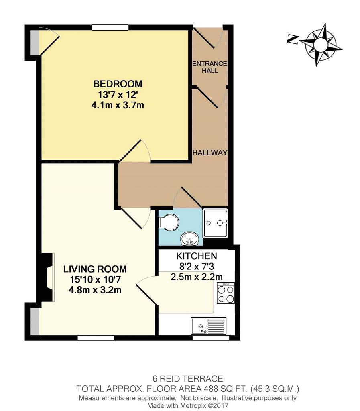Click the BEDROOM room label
coord(118,84)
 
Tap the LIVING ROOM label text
coord(95,269)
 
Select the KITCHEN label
coord(197,256)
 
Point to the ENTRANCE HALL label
coord(209,67)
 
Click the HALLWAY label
coord(210,153)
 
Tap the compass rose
coord(320,45)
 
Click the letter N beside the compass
coord(293,39)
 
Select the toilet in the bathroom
coord(169,222)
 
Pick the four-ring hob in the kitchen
coord(226,293)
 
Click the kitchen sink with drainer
coord(209,326)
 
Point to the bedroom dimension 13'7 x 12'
coord(118,94)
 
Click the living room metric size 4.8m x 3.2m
coord(95,290)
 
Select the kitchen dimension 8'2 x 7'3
coord(197,267)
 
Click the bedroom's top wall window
coord(110,27)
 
